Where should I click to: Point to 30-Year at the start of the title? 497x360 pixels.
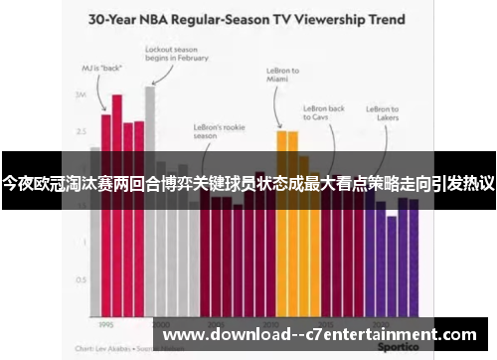coord(117,19)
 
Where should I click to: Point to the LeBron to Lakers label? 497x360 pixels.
coord(383,114)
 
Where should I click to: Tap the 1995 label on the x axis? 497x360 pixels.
coord(105,323)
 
